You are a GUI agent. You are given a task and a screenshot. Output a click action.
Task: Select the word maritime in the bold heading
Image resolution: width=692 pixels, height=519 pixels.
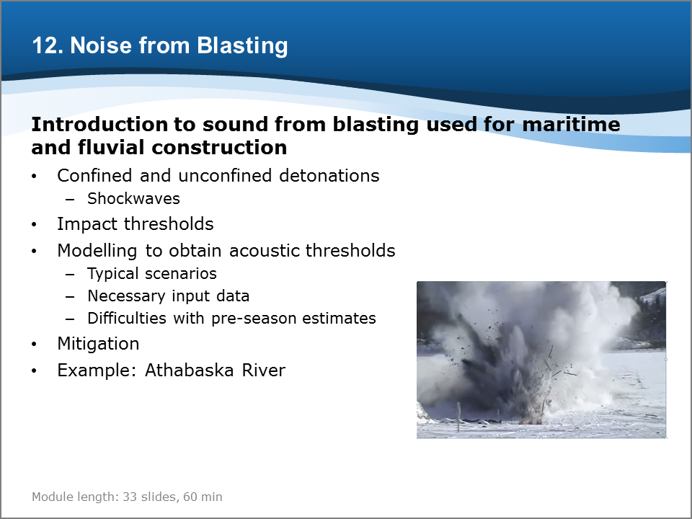click(571, 124)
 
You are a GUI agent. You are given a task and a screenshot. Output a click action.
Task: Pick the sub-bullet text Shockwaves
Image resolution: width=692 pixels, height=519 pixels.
click(134, 199)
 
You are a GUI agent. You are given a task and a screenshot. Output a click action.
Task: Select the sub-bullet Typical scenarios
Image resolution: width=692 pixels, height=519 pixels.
click(152, 274)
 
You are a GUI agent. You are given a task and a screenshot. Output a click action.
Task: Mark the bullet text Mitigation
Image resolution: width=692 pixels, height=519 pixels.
click(99, 344)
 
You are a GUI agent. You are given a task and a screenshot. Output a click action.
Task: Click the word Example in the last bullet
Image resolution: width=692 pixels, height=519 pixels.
click(97, 370)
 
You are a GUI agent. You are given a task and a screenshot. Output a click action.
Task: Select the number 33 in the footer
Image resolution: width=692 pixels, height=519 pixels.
click(129, 497)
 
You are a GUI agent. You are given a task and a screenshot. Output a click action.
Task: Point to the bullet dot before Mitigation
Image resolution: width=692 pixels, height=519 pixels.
click(34, 345)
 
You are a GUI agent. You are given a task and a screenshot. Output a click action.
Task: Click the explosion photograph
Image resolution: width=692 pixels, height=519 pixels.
click(541, 360)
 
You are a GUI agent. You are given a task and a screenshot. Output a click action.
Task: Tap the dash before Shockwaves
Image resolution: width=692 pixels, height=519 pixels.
click(70, 200)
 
